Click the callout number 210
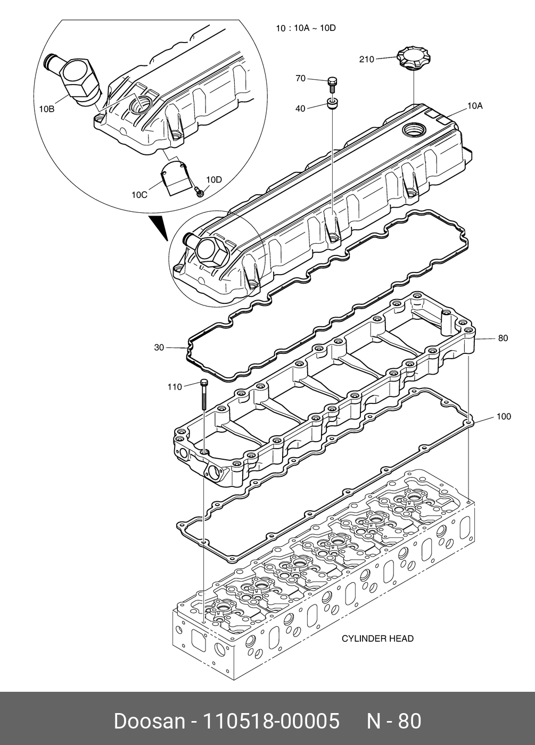point(367,59)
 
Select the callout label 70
point(300,79)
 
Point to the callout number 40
point(300,109)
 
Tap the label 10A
point(475,106)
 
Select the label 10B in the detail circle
point(47,109)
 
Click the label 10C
point(139,195)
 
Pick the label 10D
point(214,180)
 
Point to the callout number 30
point(159,347)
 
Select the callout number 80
point(503,338)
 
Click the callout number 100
point(504,416)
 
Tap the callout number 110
point(175,387)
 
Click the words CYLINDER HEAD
point(377,639)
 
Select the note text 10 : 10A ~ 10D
point(306,28)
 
